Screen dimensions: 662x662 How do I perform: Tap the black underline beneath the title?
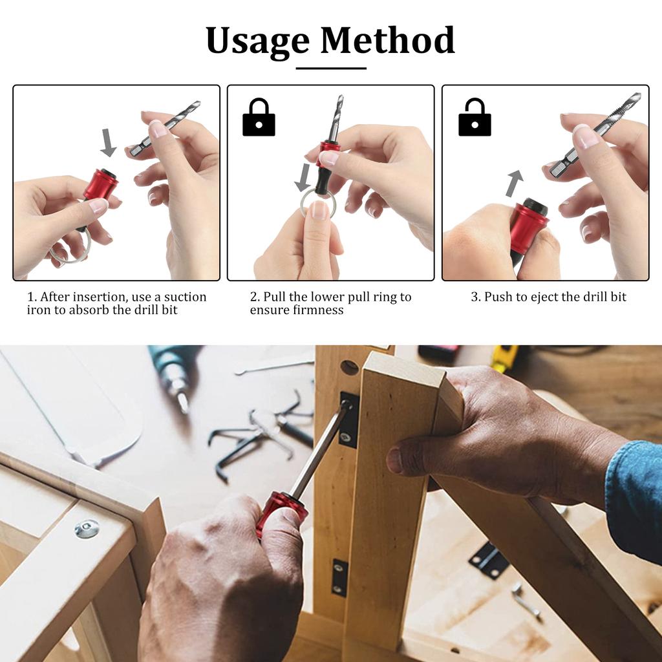click(x=331, y=68)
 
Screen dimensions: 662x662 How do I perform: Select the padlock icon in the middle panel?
click(x=259, y=118)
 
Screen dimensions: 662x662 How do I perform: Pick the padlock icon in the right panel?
click(x=474, y=118)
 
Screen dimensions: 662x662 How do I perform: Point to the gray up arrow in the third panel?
click(x=513, y=184)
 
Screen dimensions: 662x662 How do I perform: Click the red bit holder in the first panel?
click(x=101, y=184)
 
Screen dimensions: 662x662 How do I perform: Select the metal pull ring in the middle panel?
click(x=317, y=203)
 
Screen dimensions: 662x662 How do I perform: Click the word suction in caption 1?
click(x=185, y=297)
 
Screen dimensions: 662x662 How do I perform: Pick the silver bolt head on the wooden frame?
click(x=87, y=528)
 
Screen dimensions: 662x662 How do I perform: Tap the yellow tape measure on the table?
click(x=504, y=357)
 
